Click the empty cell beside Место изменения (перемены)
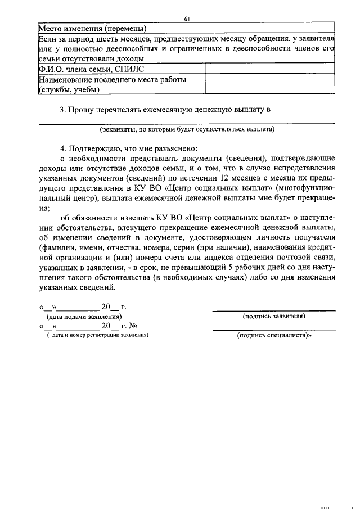click(x=269, y=28)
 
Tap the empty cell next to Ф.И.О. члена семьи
click(x=269, y=69)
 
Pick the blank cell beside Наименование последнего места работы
click(x=269, y=84)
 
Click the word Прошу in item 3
click(x=82, y=110)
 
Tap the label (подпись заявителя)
click(x=274, y=316)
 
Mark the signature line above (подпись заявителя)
click(x=274, y=310)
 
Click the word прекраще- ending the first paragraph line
click(x=313, y=198)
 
